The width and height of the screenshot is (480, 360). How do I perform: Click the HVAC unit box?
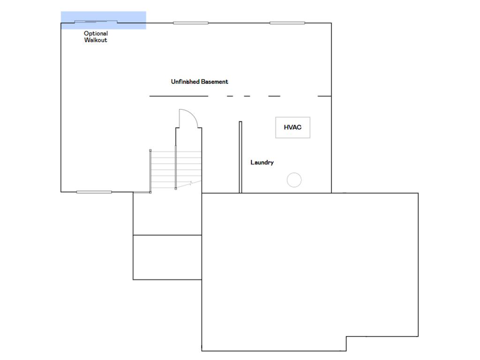(x=292, y=127)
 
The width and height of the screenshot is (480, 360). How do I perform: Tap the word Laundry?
(x=262, y=163)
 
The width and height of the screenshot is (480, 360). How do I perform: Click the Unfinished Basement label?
(x=200, y=82)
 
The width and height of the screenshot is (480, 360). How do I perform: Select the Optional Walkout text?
(x=96, y=37)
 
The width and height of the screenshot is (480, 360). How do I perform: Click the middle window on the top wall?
(x=191, y=22)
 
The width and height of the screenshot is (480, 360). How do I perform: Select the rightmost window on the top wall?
(x=287, y=22)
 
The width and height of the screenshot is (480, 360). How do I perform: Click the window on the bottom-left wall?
(x=94, y=192)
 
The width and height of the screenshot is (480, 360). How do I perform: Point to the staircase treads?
(x=176, y=170)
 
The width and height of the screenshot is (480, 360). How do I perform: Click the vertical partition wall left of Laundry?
(x=240, y=157)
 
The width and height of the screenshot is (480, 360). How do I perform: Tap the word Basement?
(x=215, y=82)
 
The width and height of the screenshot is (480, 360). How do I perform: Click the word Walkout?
(x=96, y=40)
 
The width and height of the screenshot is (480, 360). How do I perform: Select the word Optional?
(x=96, y=33)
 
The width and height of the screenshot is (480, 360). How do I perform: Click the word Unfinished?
(x=185, y=82)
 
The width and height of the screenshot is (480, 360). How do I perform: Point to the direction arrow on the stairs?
(x=185, y=185)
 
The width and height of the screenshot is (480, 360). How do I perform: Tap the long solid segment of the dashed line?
(x=179, y=96)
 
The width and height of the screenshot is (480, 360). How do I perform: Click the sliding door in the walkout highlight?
(x=96, y=22)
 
